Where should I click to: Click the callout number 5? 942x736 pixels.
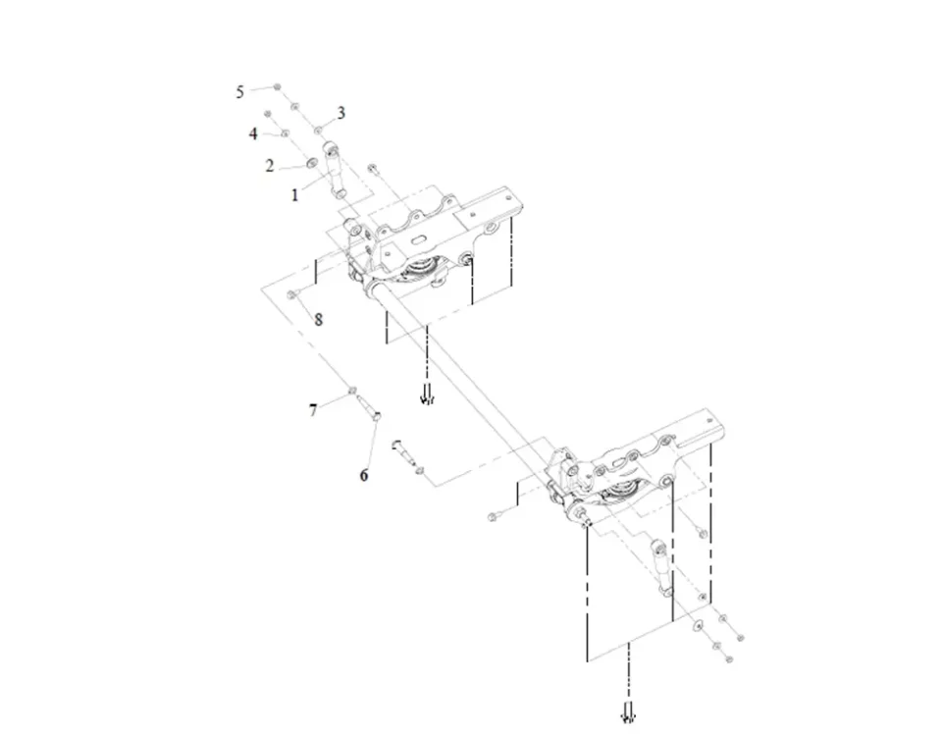[x=239, y=92]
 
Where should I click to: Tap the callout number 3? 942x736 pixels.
[x=341, y=113]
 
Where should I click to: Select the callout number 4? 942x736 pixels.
[x=253, y=133]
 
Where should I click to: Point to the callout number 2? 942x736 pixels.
[x=270, y=165]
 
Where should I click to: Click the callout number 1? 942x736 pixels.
[x=295, y=194]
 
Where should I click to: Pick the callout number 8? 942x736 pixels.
[x=318, y=320]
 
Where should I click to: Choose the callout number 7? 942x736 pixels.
[x=313, y=411]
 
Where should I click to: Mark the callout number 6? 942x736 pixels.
[x=364, y=475]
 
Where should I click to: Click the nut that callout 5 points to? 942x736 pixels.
[x=277, y=87]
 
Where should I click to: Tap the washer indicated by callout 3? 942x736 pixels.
[x=318, y=129]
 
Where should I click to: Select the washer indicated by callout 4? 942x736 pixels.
[x=286, y=132]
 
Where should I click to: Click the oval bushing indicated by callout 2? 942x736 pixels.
[x=312, y=163]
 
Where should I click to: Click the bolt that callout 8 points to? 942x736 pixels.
[x=292, y=293]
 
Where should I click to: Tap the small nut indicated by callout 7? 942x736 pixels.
[x=353, y=392]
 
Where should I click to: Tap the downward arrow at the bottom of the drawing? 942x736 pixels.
[x=628, y=712]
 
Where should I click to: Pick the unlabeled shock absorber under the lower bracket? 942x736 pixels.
[x=660, y=568]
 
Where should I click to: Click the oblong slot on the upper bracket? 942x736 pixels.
[x=418, y=238]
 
